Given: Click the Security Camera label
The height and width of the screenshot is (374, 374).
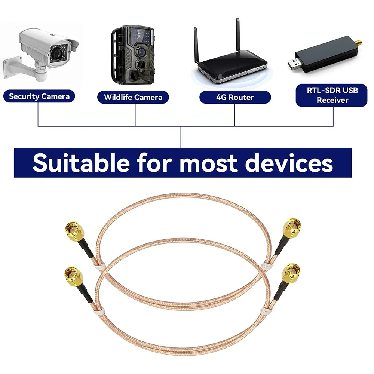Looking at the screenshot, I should coord(39,96).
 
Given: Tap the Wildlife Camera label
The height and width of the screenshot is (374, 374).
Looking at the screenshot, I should coord(133,98).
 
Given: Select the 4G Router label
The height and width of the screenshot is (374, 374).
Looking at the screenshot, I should coord(235,98).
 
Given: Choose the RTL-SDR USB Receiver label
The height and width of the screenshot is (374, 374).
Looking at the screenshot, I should coord(332,95).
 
